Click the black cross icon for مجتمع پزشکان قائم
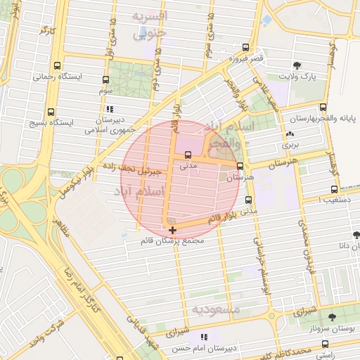pyautogui.click(x=173, y=229)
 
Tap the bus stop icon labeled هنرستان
pyautogui.click(x=240, y=167)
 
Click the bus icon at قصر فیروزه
pyautogui.click(x=245, y=48)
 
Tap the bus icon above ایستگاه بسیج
pyautogui.click(x=51, y=112)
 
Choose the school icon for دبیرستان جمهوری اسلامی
pyautogui.click(x=109, y=110)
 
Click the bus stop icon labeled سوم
pyautogui.click(x=105, y=80)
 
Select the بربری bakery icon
pyautogui.click(x=290, y=134)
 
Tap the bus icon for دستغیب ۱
pyautogui.click(x=334, y=189)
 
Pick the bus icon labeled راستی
pyautogui.click(x=324, y=344)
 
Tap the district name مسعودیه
pyautogui.click(x=217, y=309)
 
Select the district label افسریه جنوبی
pyautogui.click(x=153, y=22)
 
